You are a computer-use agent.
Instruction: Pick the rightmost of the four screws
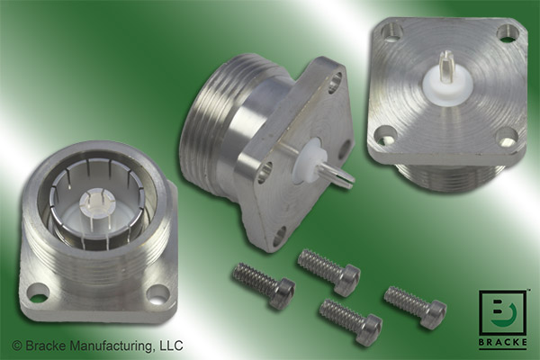(415, 305)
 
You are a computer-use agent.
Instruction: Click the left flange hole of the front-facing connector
(38, 292)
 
